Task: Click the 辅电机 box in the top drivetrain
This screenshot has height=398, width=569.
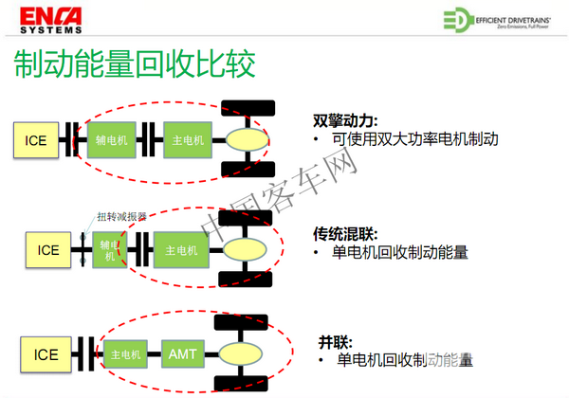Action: [113, 140]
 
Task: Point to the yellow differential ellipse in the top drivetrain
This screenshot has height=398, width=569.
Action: [249, 140]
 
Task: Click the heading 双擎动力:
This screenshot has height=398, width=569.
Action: [345, 120]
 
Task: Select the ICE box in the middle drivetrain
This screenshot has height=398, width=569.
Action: [48, 250]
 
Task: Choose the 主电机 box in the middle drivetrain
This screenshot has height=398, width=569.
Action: [181, 250]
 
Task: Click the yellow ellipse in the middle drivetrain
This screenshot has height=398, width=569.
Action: [246, 250]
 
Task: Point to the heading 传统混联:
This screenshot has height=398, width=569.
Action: [345, 231]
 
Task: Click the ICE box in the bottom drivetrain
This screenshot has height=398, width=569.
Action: [46, 354]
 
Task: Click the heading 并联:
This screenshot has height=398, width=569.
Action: [338, 340]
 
